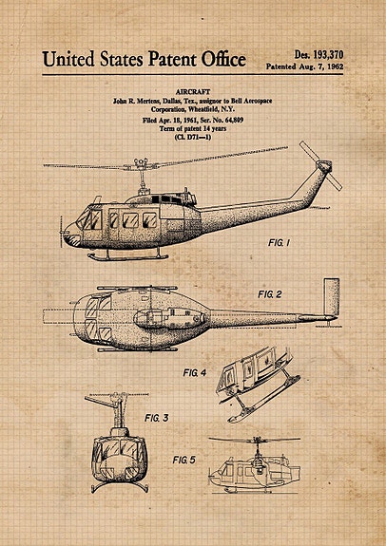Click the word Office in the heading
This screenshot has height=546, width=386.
tap(223, 59)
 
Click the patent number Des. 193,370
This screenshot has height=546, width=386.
tap(318, 55)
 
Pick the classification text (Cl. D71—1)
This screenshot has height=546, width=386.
tap(192, 137)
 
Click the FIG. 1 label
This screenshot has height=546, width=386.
tap(279, 243)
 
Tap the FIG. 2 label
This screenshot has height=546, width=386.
tap(270, 294)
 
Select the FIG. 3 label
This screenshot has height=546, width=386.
tap(157, 418)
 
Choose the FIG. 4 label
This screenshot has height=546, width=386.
tap(195, 373)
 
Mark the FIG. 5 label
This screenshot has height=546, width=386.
tap(184, 461)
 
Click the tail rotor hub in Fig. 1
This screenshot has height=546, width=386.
tap(324, 166)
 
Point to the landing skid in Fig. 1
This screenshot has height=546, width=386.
tap(127, 257)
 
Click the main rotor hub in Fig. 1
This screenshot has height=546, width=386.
tap(141, 163)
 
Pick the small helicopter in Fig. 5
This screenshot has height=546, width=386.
tap(255, 465)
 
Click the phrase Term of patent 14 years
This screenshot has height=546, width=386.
tap(193, 129)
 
